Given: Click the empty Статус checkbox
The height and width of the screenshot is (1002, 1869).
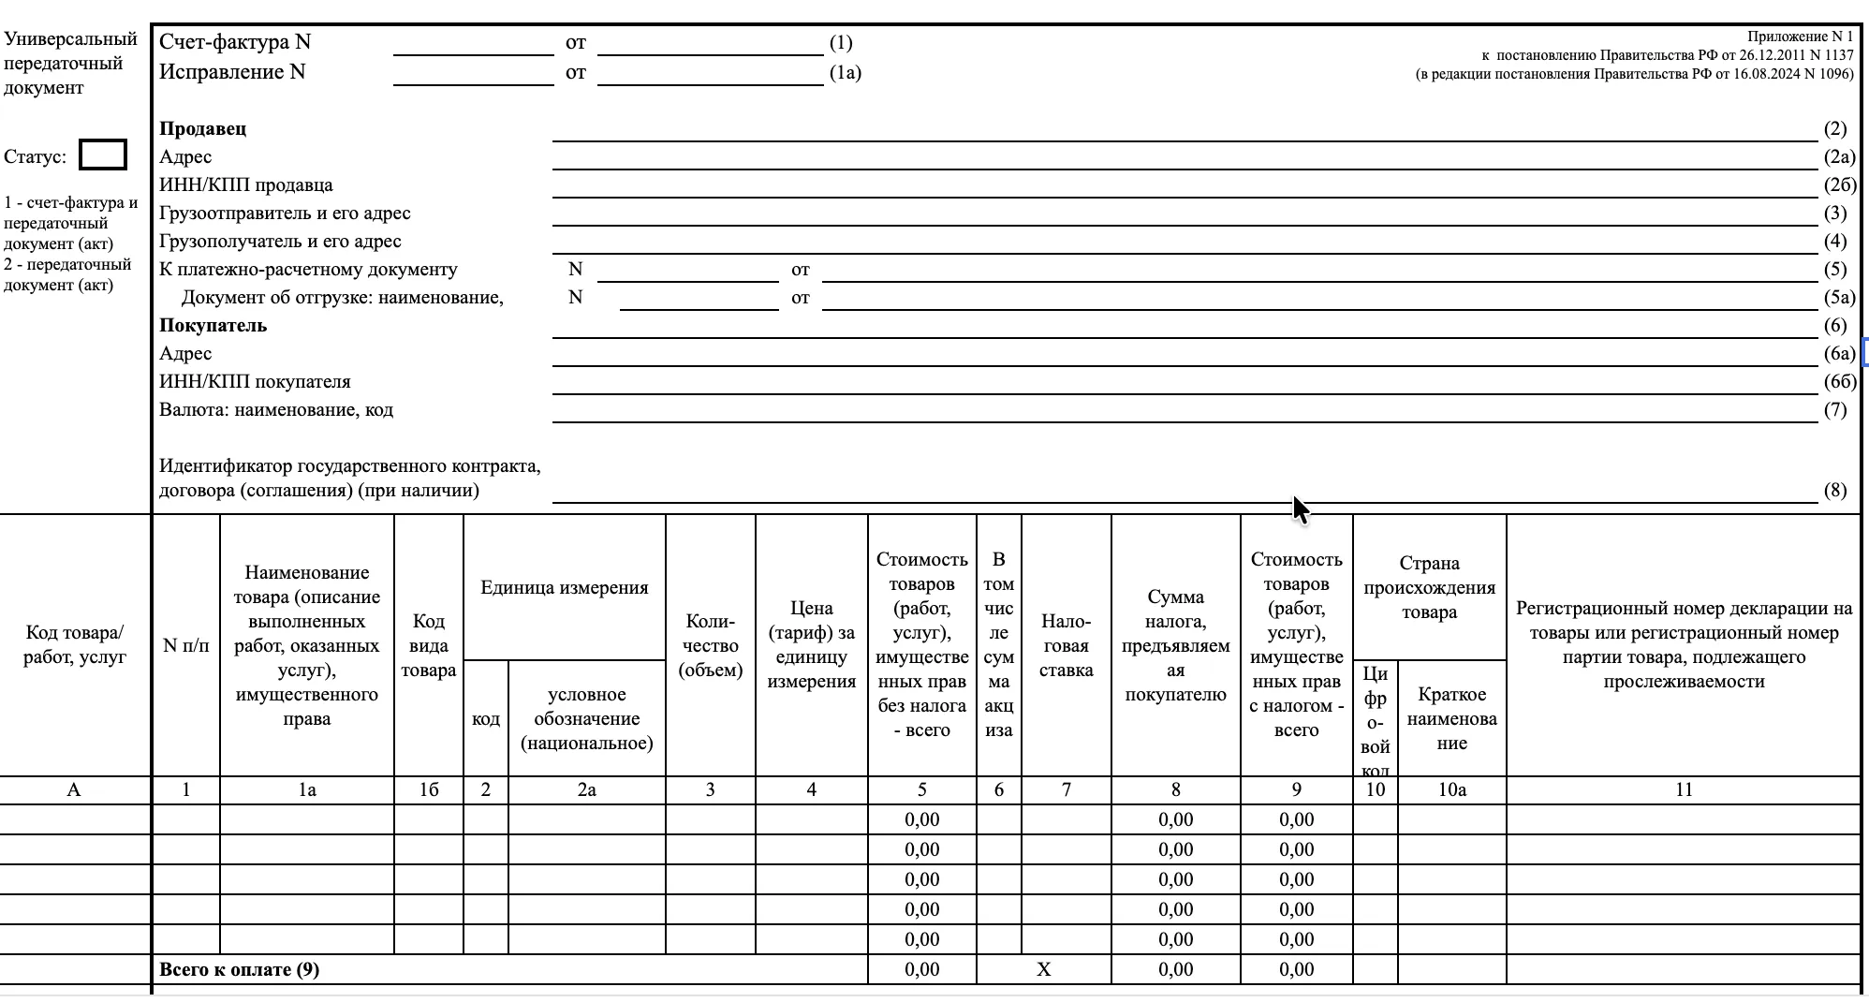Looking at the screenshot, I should (103, 155).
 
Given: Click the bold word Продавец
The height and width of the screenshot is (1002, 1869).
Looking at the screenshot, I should (203, 129).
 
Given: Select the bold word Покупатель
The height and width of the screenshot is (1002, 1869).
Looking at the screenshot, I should (213, 326).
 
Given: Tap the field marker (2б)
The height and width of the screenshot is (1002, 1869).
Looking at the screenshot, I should (1839, 185).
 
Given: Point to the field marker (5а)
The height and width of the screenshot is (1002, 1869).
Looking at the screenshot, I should (1839, 298).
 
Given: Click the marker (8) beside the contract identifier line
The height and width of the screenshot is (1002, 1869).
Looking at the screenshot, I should (1835, 491).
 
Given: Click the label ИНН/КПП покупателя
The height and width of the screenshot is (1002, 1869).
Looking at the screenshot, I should (255, 382).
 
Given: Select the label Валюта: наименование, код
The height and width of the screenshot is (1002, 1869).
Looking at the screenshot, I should (276, 410).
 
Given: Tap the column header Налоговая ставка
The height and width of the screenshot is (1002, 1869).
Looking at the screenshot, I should (1066, 645).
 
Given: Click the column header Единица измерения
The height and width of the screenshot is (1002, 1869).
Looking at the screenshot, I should (565, 588).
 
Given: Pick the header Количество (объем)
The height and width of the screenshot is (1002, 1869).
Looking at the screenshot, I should (710, 645).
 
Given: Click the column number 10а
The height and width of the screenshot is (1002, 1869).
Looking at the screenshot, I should (1451, 790).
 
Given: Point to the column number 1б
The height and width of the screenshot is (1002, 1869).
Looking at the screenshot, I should (429, 790).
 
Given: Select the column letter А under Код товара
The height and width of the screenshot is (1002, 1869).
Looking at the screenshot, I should (74, 790).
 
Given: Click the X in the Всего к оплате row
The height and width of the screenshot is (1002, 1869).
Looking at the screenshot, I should (1044, 970).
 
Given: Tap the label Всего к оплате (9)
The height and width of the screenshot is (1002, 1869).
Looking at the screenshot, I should (240, 970).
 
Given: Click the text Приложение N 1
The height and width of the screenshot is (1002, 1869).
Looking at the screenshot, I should (1800, 37).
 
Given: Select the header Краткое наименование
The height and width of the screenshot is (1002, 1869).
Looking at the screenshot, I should (1451, 719).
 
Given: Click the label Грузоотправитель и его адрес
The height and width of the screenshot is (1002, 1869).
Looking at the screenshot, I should (285, 214).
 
